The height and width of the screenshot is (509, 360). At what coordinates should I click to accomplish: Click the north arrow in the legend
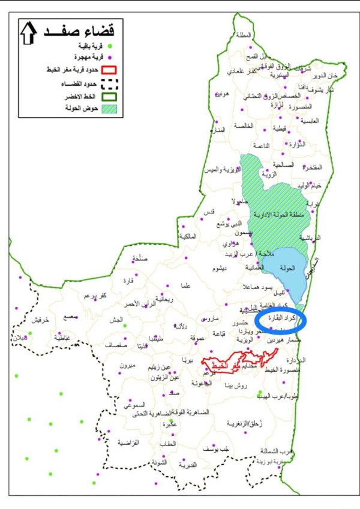pos(29,34)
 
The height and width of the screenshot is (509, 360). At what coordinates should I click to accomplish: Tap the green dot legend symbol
pos(110,46)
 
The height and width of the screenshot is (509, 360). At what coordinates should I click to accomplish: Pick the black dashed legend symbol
pos(109,83)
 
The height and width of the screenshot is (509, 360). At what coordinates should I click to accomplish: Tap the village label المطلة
pos(244,35)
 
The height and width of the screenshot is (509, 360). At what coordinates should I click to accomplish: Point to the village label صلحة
pos(140,259)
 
